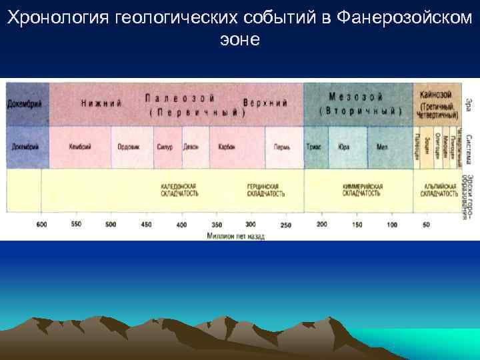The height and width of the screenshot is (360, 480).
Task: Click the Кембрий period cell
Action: click(80, 147)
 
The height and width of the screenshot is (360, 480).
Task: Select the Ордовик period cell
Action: click(128, 147)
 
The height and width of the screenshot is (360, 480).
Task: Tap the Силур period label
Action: click(164, 147)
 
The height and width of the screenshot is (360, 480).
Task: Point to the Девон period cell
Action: click(191, 147)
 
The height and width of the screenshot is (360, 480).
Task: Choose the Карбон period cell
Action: click(227, 147)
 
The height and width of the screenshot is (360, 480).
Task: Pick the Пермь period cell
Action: click(281, 147)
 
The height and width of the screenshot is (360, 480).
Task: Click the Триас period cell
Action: click(314, 147)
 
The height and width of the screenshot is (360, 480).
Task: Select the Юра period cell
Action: click(344, 147)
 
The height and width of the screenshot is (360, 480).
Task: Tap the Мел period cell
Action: click(381, 147)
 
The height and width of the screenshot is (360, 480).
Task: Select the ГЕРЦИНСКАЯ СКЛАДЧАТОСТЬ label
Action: click(266, 189)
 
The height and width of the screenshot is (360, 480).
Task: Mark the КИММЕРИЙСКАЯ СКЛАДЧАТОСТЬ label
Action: click(361, 189)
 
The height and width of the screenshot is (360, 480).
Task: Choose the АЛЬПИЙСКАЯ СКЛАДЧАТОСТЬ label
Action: click(438, 189)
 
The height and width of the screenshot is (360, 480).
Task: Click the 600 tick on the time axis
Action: click(41, 225)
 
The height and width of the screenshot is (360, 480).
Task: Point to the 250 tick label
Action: click(285, 225)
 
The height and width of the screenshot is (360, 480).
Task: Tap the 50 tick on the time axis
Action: click(426, 225)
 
